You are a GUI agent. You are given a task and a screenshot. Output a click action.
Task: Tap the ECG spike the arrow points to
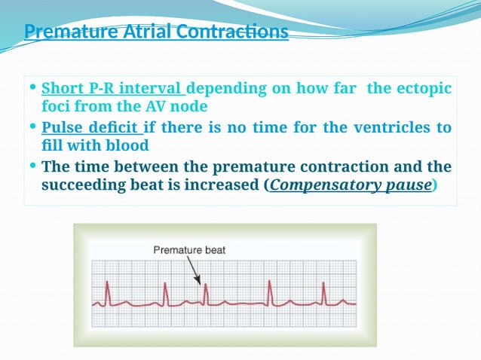pos(204,294)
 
